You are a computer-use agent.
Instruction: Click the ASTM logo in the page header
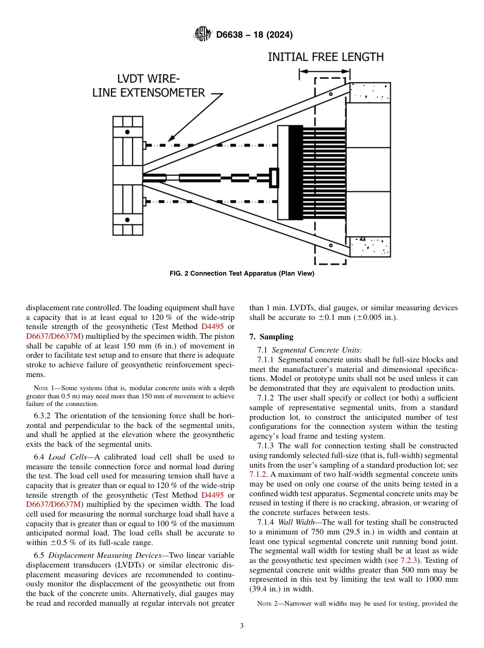click(203, 35)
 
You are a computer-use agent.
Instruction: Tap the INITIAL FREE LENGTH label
click(326, 57)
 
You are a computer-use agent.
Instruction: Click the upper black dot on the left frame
click(127, 131)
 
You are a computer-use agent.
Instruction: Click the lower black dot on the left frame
click(127, 220)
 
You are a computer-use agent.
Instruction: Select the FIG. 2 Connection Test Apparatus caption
click(241, 274)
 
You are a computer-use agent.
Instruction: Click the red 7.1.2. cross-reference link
click(258, 474)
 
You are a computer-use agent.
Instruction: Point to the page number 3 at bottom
click(241, 626)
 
